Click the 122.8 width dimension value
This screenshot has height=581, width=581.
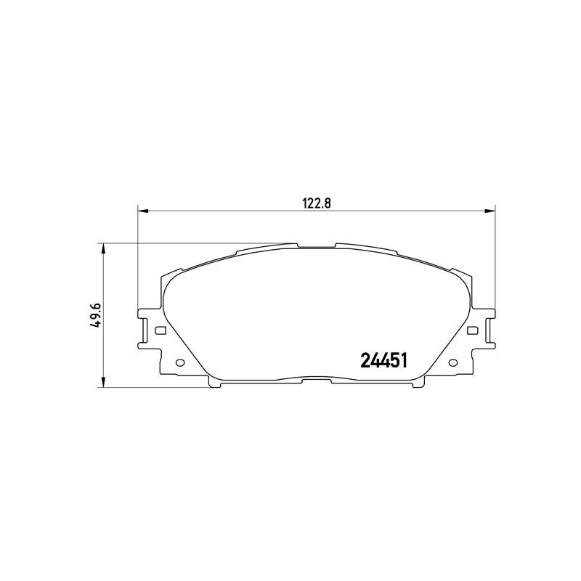point(317,204)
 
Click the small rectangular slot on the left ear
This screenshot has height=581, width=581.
point(161,331)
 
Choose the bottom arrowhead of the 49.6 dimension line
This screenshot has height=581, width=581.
point(105,383)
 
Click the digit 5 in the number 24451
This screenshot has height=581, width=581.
point(393,361)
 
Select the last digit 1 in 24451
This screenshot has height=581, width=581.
point(402,361)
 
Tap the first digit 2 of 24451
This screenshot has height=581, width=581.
point(365,361)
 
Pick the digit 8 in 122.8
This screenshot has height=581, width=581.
point(328,204)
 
